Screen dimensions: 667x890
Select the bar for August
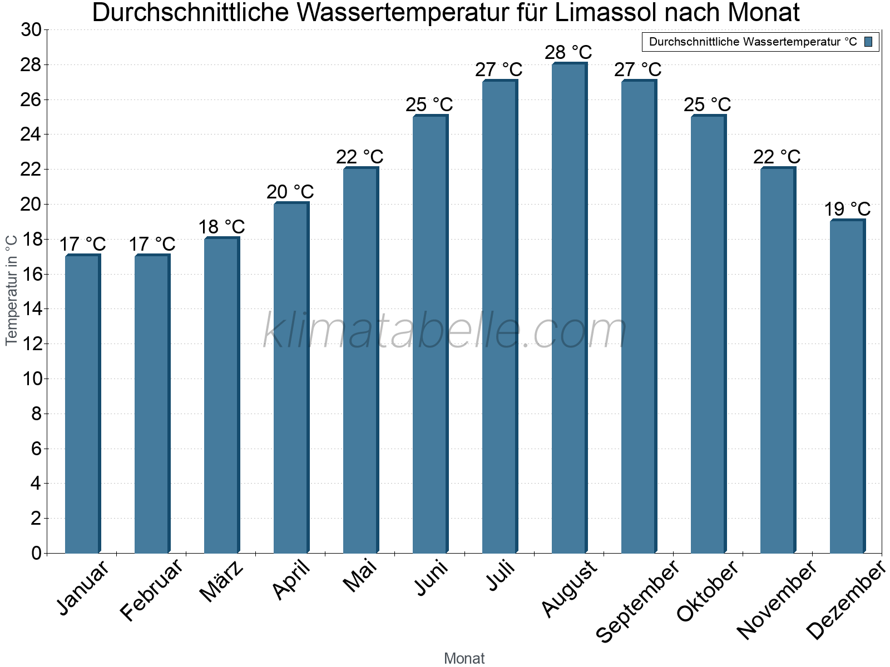[x=568, y=308]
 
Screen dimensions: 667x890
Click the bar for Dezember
[x=847, y=387]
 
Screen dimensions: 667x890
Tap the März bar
[x=221, y=395]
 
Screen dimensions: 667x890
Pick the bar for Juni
[x=429, y=334]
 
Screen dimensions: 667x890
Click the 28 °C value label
[x=568, y=52]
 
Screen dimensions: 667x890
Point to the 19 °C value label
[x=847, y=209]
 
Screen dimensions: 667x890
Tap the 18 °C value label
[x=221, y=227]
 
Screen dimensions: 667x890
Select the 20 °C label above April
[x=290, y=192]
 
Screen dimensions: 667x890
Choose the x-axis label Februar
[x=151, y=590]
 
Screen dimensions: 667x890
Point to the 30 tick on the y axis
[x=31, y=30]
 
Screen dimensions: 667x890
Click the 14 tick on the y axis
[x=31, y=309]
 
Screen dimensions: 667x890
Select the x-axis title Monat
[x=464, y=658]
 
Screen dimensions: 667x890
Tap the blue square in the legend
[x=868, y=42]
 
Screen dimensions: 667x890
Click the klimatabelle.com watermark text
[x=445, y=331]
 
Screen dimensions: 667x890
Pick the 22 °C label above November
[x=777, y=157]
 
